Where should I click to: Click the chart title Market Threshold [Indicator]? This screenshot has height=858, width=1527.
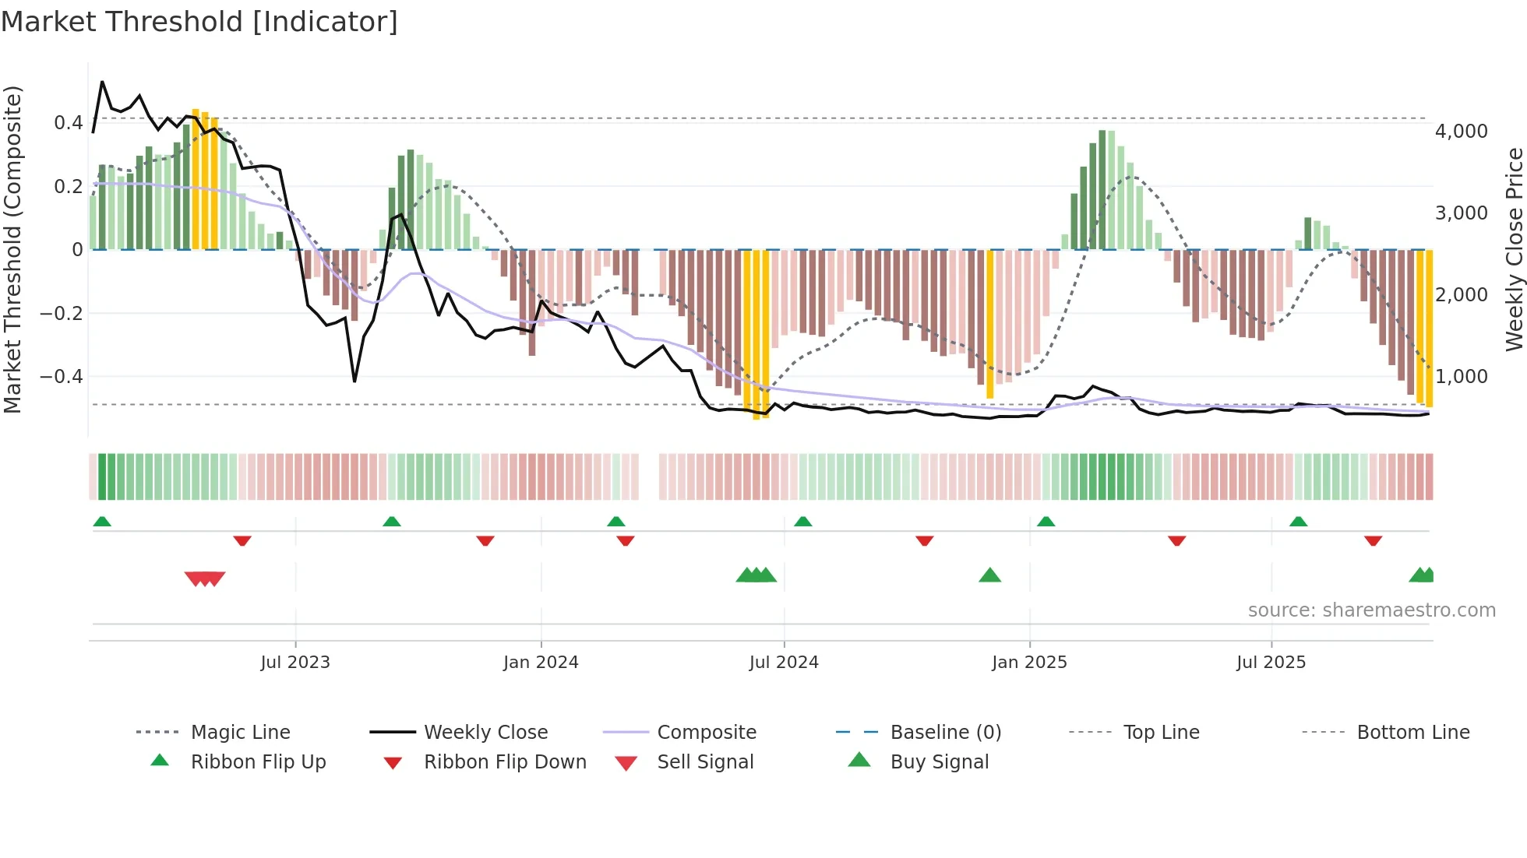pyautogui.click(x=199, y=22)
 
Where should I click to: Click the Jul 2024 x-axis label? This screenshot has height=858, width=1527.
pyautogui.click(x=784, y=663)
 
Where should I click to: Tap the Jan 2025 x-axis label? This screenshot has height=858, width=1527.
pyautogui.click(x=1029, y=663)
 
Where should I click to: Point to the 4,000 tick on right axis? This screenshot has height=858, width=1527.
pyautogui.click(x=1461, y=132)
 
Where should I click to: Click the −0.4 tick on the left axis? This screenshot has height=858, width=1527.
pyautogui.click(x=61, y=377)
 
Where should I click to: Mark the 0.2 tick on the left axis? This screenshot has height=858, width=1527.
pyautogui.click(x=68, y=187)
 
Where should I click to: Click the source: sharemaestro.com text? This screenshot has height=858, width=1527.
pyautogui.click(x=1371, y=610)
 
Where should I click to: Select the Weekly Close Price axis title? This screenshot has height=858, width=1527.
pyautogui.click(x=1514, y=249)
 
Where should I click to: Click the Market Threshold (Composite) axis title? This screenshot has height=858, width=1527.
pyautogui.click(x=12, y=249)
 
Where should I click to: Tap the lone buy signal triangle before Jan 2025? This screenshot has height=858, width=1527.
pyautogui.click(x=989, y=575)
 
